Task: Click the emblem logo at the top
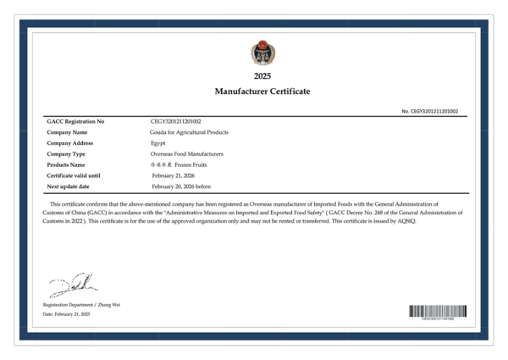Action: click(x=262, y=53)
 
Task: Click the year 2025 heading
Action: click(x=262, y=76)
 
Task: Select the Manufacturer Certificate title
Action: click(x=262, y=91)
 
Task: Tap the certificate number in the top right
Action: click(x=429, y=111)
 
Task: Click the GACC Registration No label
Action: click(x=75, y=122)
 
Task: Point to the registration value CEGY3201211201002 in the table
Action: click(x=175, y=122)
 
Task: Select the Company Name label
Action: click(x=67, y=132)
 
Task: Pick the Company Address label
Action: click(x=70, y=143)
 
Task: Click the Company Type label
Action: click(x=66, y=154)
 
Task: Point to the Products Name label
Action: click(x=67, y=164)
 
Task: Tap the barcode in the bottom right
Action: click(x=437, y=310)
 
